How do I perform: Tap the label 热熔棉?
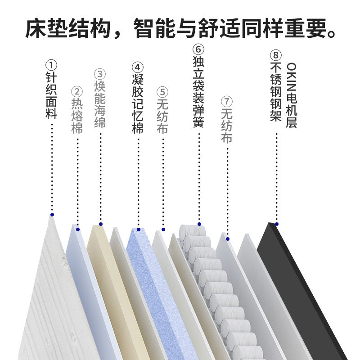click(77, 116)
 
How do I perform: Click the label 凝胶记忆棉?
click(138, 104)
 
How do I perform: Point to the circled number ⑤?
click(162, 91)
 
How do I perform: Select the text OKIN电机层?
click(291, 95)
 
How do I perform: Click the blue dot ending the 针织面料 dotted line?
click(52, 215)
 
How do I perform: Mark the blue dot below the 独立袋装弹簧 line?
click(198, 224)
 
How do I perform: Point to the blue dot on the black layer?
click(276, 224)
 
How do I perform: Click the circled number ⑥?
click(198, 47)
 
